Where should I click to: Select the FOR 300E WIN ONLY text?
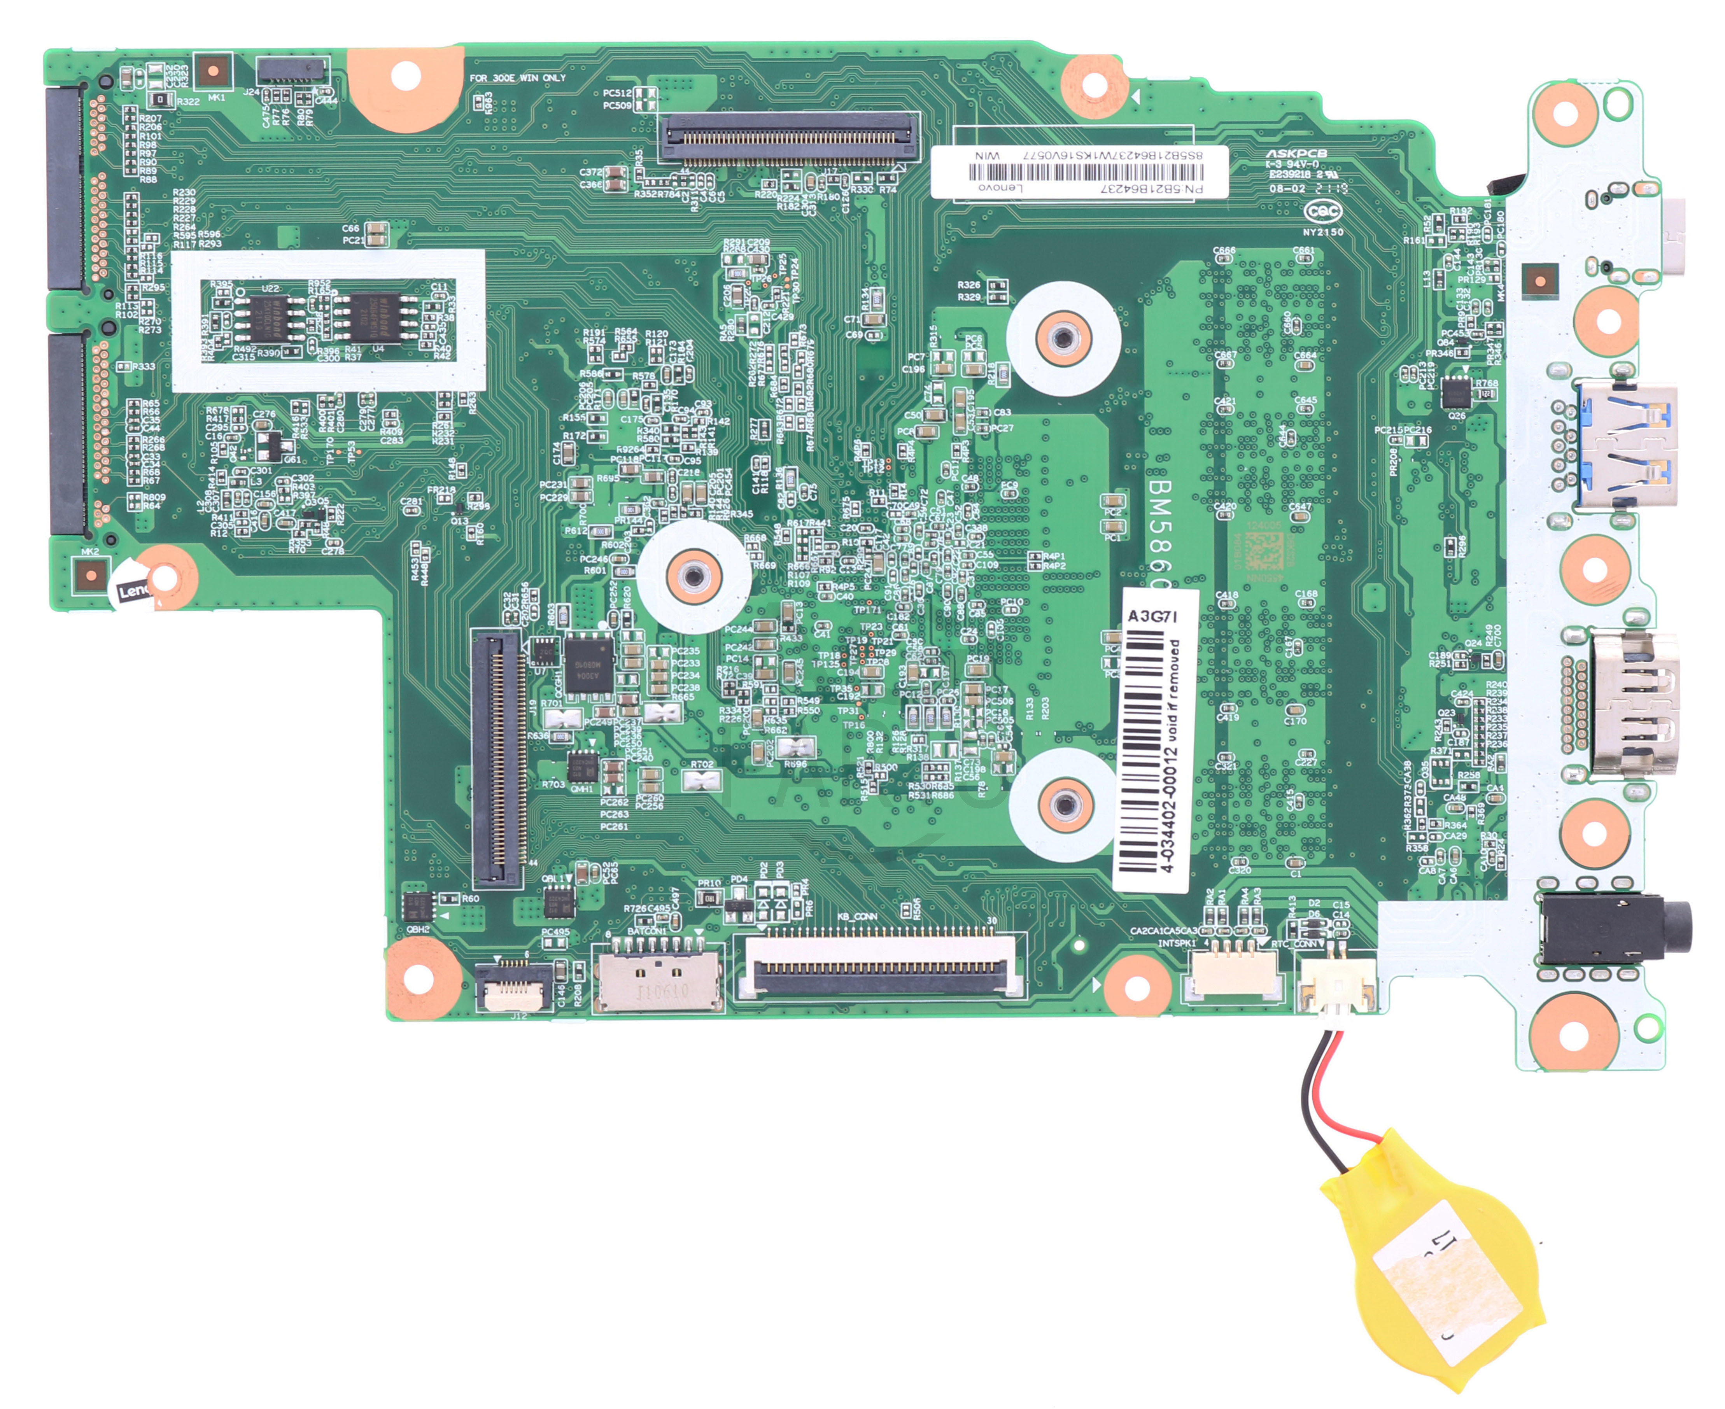(517, 78)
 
